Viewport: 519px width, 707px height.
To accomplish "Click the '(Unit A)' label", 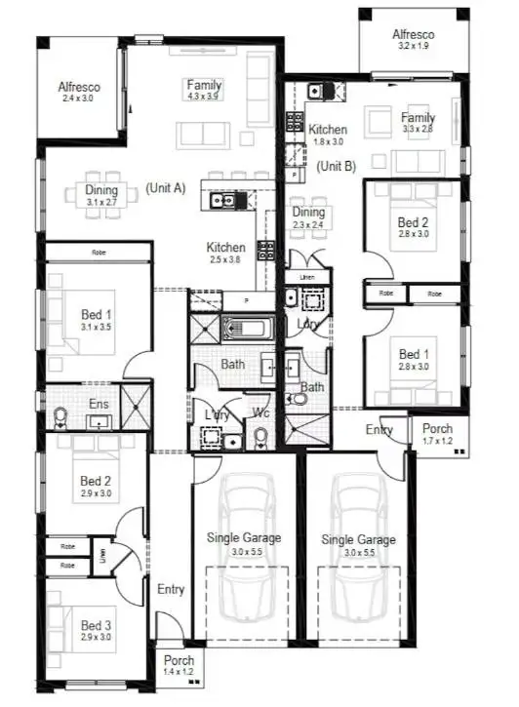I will [x=165, y=188].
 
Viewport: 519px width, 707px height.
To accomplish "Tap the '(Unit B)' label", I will [x=337, y=167].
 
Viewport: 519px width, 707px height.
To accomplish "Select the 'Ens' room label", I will [x=98, y=404].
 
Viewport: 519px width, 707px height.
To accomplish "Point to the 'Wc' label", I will [x=260, y=413].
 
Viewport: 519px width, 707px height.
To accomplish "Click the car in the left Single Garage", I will [x=242, y=556].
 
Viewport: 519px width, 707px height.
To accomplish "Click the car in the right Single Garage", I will [x=358, y=556].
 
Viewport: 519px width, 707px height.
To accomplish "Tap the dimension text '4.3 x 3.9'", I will [x=205, y=97].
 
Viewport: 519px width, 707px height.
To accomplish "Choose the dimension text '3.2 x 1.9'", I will [x=415, y=46].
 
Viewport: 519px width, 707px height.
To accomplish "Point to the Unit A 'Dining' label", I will [x=101, y=190].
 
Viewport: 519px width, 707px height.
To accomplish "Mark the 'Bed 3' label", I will [x=97, y=625].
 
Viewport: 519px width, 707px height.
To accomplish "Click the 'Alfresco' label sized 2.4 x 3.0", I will [x=79, y=87].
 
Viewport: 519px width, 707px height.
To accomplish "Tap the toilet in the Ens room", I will [x=60, y=416].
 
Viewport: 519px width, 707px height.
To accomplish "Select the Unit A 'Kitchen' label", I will [x=224, y=248].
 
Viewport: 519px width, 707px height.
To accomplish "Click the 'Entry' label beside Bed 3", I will [x=171, y=589].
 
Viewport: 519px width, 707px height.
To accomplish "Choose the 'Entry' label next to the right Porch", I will [x=379, y=429].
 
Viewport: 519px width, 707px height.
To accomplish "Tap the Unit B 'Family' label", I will [x=418, y=117].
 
